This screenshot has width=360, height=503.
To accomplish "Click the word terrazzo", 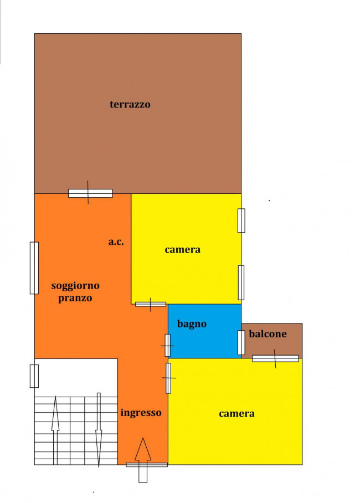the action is [130, 104].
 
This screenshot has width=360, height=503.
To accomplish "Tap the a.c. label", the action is [116, 242].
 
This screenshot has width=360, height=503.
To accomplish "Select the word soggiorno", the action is [75, 286].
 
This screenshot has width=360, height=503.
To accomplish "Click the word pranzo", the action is [75, 298].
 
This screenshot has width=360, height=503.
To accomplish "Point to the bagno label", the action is [192, 324].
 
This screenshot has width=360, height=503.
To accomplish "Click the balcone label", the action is [268, 333].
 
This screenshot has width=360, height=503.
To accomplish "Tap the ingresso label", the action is [141, 413].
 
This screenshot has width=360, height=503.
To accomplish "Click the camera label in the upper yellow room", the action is [183, 250].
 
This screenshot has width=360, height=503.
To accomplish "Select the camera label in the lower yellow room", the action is [237, 414].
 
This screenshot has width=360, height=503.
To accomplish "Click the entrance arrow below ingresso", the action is [143, 460].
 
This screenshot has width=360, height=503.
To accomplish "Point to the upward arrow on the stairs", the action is [55, 430].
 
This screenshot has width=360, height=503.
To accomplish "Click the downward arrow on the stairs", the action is [99, 430].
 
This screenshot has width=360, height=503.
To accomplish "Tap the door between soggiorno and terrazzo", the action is [90, 193].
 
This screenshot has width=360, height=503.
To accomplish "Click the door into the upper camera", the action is [151, 304].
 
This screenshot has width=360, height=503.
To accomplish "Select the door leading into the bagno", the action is [167, 346].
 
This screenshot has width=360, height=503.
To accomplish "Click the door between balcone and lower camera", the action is [275, 358].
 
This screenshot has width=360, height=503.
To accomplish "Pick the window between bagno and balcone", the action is [241, 342].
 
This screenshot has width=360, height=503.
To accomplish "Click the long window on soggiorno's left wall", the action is [34, 268].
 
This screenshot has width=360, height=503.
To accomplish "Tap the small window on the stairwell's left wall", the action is [34, 376].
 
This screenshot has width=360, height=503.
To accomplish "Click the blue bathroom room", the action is [205, 331].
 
